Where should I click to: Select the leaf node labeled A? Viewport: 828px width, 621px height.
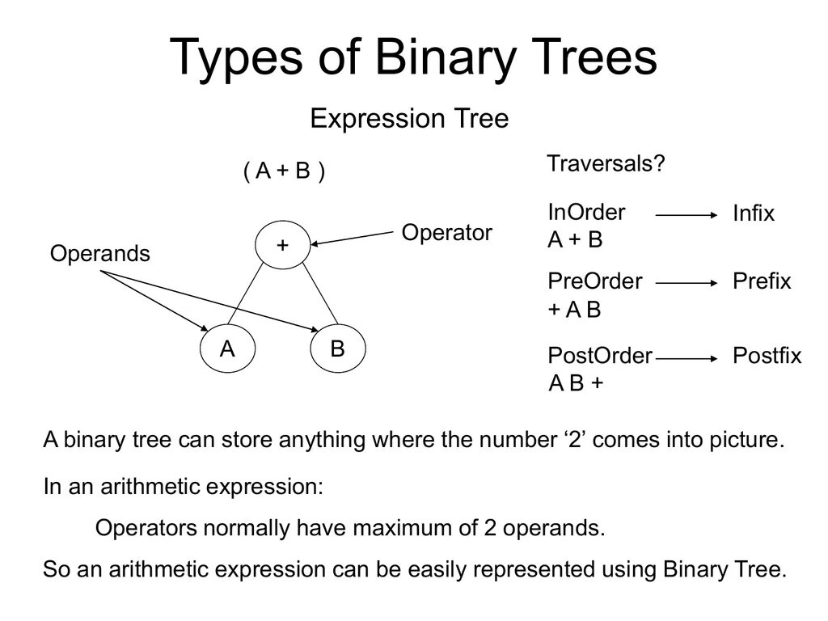pos(228,350)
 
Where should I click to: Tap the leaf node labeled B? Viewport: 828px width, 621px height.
pos(337,350)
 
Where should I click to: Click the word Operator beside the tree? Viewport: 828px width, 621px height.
pos(446,234)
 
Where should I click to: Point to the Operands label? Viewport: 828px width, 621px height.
pos(100,254)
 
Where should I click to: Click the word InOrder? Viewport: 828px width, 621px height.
pos(586,213)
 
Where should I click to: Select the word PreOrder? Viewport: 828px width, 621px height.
pos(595,281)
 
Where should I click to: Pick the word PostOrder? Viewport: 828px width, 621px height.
pos(600,356)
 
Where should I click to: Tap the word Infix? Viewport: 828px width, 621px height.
pos(754,214)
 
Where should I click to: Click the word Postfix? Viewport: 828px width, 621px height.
pos(767,356)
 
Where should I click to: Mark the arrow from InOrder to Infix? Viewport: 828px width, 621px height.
pos(686,215)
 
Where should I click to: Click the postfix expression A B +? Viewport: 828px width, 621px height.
pos(576,382)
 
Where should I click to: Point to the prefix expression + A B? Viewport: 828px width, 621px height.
pos(575,310)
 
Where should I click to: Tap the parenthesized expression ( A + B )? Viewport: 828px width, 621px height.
pos(285,171)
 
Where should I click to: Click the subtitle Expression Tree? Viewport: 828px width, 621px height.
pos(410,120)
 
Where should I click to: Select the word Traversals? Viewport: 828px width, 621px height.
pos(606,163)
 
